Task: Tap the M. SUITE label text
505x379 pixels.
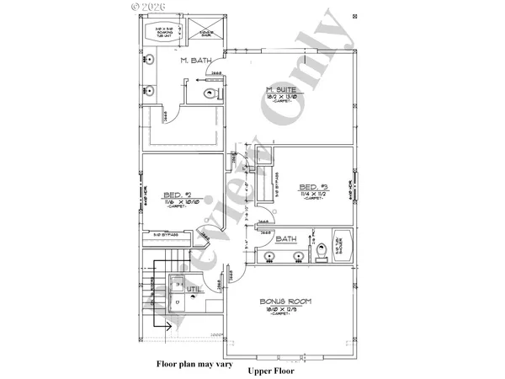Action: [x=279, y=90]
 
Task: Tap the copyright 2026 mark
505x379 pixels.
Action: [x=150, y=6]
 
